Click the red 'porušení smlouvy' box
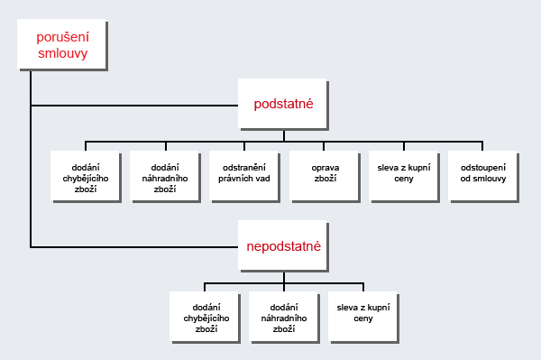pyautogui.click(x=62, y=45)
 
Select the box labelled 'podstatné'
pyautogui.click(x=283, y=105)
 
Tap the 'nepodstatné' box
pyautogui.click(x=283, y=246)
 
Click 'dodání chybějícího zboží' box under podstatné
pyautogui.click(x=86, y=177)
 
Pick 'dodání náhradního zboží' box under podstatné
pyautogui.click(x=165, y=177)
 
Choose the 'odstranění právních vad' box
pyautogui.click(x=244, y=177)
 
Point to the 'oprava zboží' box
pyautogui.click(x=325, y=177)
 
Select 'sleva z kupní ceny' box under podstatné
pyautogui.click(x=404, y=177)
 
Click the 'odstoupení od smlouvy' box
pyautogui.click(x=483, y=177)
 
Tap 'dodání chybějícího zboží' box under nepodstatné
pyautogui.click(x=206, y=318)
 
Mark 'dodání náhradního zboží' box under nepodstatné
pyautogui.click(x=284, y=318)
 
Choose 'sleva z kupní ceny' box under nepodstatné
pyautogui.click(x=363, y=318)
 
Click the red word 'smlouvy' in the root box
pyautogui.click(x=63, y=53)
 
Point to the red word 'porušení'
pyautogui.click(x=63, y=37)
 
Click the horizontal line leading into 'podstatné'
pyautogui.click(x=134, y=106)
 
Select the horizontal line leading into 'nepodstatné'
pyautogui.click(x=134, y=247)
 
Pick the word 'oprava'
pyautogui.click(x=326, y=168)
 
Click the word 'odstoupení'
pyautogui.click(x=483, y=168)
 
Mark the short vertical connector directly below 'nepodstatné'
pyautogui.click(x=284, y=278)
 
